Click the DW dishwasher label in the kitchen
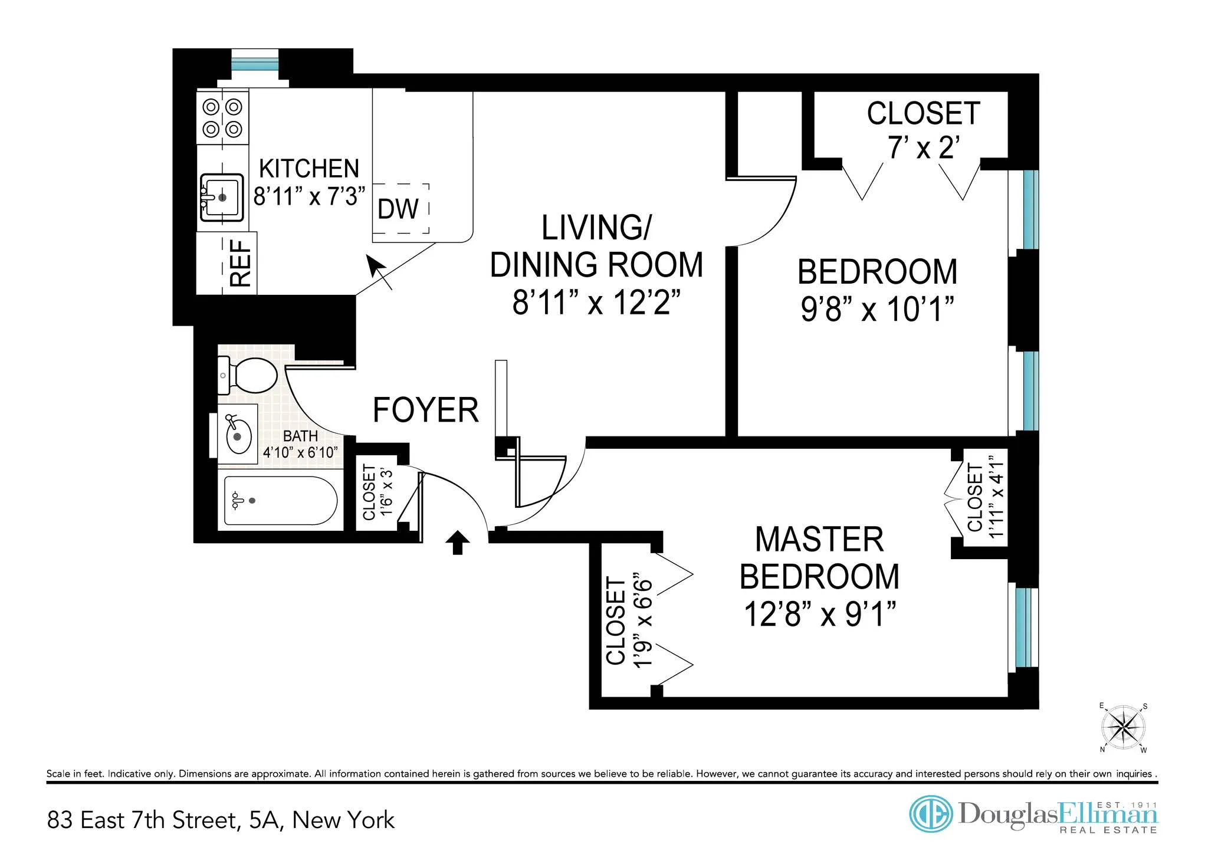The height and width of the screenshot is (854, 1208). coord(398,209)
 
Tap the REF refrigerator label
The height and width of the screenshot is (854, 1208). coord(241,263)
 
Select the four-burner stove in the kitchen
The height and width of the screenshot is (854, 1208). coord(222,117)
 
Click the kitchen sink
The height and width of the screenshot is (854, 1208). coord(222,198)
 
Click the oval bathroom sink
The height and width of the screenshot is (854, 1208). coord(238,435)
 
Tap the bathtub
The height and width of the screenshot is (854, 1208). coord(280,501)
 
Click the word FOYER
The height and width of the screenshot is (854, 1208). coord(425,410)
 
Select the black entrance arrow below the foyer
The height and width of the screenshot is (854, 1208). coord(457,542)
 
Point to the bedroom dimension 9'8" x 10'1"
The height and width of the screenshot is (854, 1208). coord(877,308)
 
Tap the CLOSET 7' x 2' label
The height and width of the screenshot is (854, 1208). coord(923,130)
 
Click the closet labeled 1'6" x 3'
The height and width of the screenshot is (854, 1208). coord(377,492)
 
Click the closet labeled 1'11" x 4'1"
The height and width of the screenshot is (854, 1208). coord(984,497)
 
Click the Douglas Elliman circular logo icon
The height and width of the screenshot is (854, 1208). coord(930,814)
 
